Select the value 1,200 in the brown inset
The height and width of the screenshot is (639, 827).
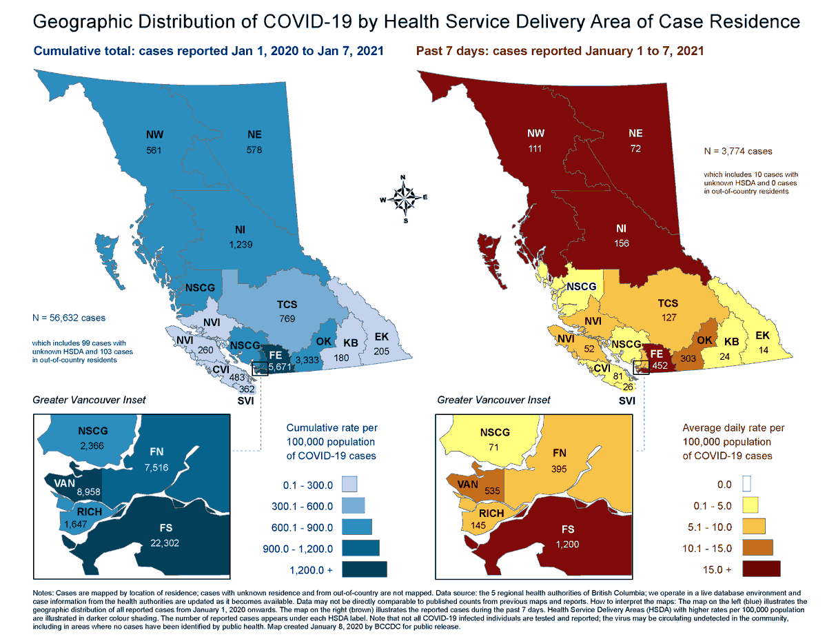[x=569, y=543]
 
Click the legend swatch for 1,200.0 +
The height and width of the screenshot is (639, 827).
[x=367, y=569]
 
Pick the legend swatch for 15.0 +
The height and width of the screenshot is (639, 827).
[x=761, y=569]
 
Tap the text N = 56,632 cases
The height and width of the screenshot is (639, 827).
[x=69, y=318]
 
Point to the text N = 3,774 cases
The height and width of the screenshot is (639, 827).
[x=736, y=151]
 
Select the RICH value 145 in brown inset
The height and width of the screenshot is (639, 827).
[x=478, y=525]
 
